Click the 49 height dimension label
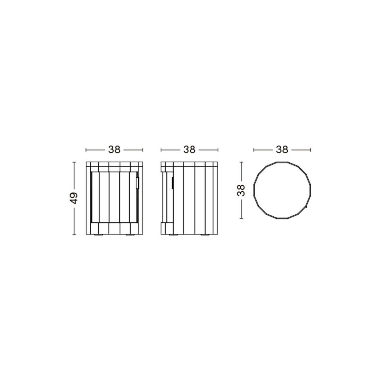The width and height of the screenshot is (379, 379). pyautogui.click(x=74, y=198)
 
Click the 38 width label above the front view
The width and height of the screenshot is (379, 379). pyautogui.click(x=114, y=150)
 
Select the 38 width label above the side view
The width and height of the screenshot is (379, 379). pyautogui.click(x=189, y=150)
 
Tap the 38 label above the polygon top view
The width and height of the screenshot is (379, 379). pyautogui.click(x=282, y=150)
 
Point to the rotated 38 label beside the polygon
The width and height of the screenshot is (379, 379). pyautogui.click(x=241, y=190)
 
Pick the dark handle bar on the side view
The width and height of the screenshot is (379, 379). pyautogui.click(x=172, y=183)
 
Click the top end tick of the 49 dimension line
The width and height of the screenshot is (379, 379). pyautogui.click(x=74, y=162)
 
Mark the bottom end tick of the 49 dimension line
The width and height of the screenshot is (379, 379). pyautogui.click(x=74, y=235)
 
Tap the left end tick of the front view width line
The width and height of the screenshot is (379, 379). pyautogui.click(x=86, y=150)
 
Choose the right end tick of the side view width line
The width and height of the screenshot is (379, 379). pyautogui.click(x=218, y=150)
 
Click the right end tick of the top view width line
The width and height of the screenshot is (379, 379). pyautogui.click(x=311, y=150)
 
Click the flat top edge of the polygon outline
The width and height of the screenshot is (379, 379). pyautogui.click(x=282, y=162)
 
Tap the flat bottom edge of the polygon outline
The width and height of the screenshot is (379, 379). pyautogui.click(x=282, y=219)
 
